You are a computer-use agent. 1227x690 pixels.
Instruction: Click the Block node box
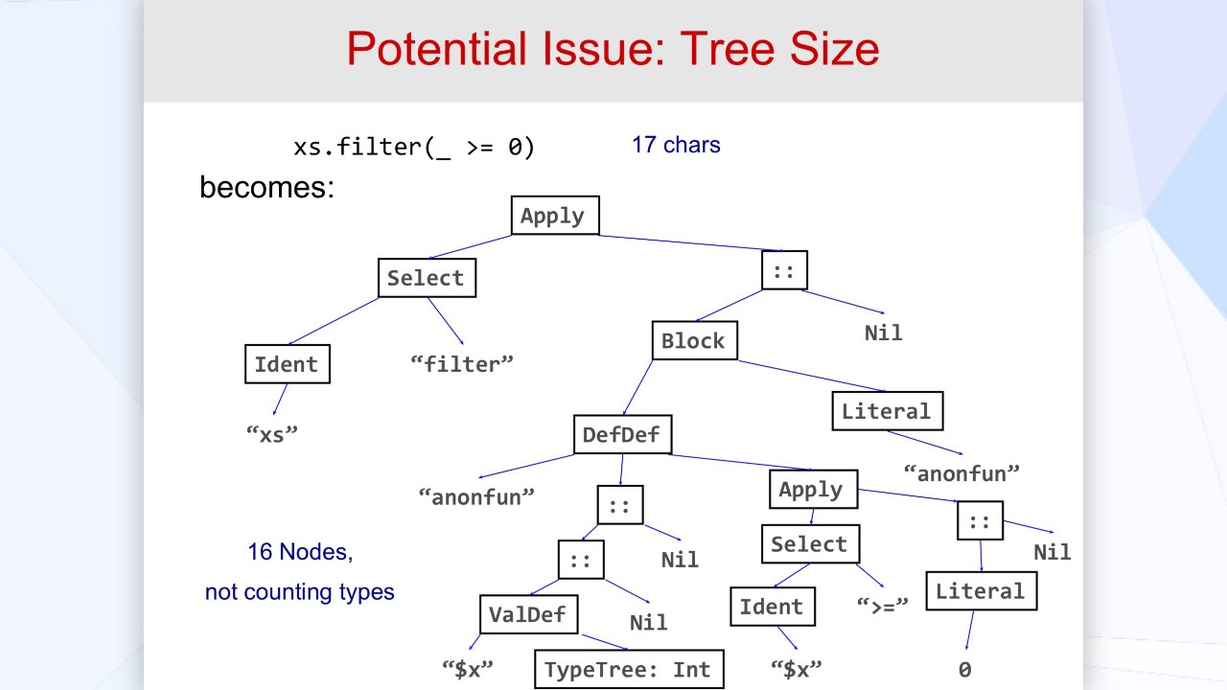pyautogui.click(x=694, y=341)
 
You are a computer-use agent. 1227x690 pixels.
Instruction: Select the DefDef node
pyautogui.click(x=622, y=435)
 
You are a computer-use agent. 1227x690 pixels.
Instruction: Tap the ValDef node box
pyautogui.click(x=528, y=614)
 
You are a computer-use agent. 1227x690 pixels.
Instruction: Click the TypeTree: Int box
pyautogui.click(x=628, y=669)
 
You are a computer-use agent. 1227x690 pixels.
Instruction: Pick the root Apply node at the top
pyautogui.click(x=553, y=216)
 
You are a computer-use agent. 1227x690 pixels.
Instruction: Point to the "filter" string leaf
pyautogui.click(x=462, y=364)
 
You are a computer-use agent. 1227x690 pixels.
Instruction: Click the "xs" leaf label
pyautogui.click(x=273, y=432)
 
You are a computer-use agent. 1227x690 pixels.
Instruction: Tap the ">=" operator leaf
pyautogui.click(x=881, y=606)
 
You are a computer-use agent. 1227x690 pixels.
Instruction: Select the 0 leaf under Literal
pyautogui.click(x=964, y=670)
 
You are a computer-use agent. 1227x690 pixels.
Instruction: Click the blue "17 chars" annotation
pyautogui.click(x=676, y=146)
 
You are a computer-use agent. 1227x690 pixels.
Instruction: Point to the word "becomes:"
pyautogui.click(x=266, y=187)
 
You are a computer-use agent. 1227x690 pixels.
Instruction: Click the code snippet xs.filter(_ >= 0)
pyautogui.click(x=414, y=147)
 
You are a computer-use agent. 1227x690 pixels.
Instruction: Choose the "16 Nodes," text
pyautogui.click(x=300, y=552)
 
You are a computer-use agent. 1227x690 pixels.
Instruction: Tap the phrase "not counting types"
pyautogui.click(x=300, y=592)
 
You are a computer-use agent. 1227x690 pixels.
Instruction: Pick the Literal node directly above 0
pyautogui.click(x=980, y=591)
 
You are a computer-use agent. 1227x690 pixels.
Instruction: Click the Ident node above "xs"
pyautogui.click(x=286, y=364)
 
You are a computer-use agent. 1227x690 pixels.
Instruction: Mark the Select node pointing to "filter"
pyautogui.click(x=426, y=278)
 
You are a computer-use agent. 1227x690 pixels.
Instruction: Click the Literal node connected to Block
pyautogui.click(x=887, y=411)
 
